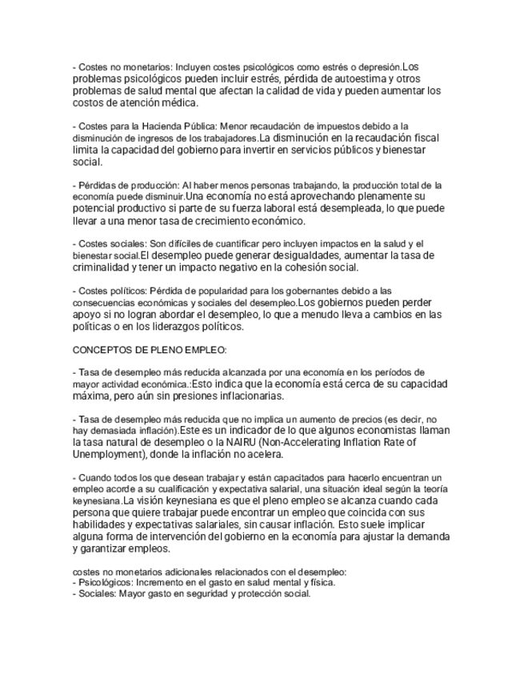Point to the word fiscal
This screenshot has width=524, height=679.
[x=425, y=138]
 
